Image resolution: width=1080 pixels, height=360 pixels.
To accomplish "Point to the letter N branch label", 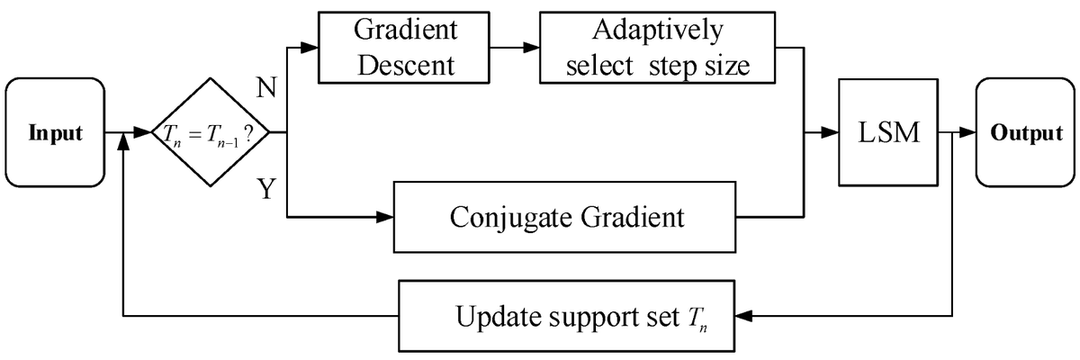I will coord(267,87).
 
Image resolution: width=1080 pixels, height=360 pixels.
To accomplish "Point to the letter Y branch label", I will coord(267,189).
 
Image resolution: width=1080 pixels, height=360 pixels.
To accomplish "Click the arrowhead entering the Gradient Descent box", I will coord(310,46).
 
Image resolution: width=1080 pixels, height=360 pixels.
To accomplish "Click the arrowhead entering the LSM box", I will coord(830,133).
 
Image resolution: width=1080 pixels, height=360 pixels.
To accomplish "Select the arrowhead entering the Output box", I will coord(967,133).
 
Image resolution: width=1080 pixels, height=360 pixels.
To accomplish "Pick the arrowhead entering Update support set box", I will coord(742,316).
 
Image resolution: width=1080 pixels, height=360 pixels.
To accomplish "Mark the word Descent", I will coord(405,65).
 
